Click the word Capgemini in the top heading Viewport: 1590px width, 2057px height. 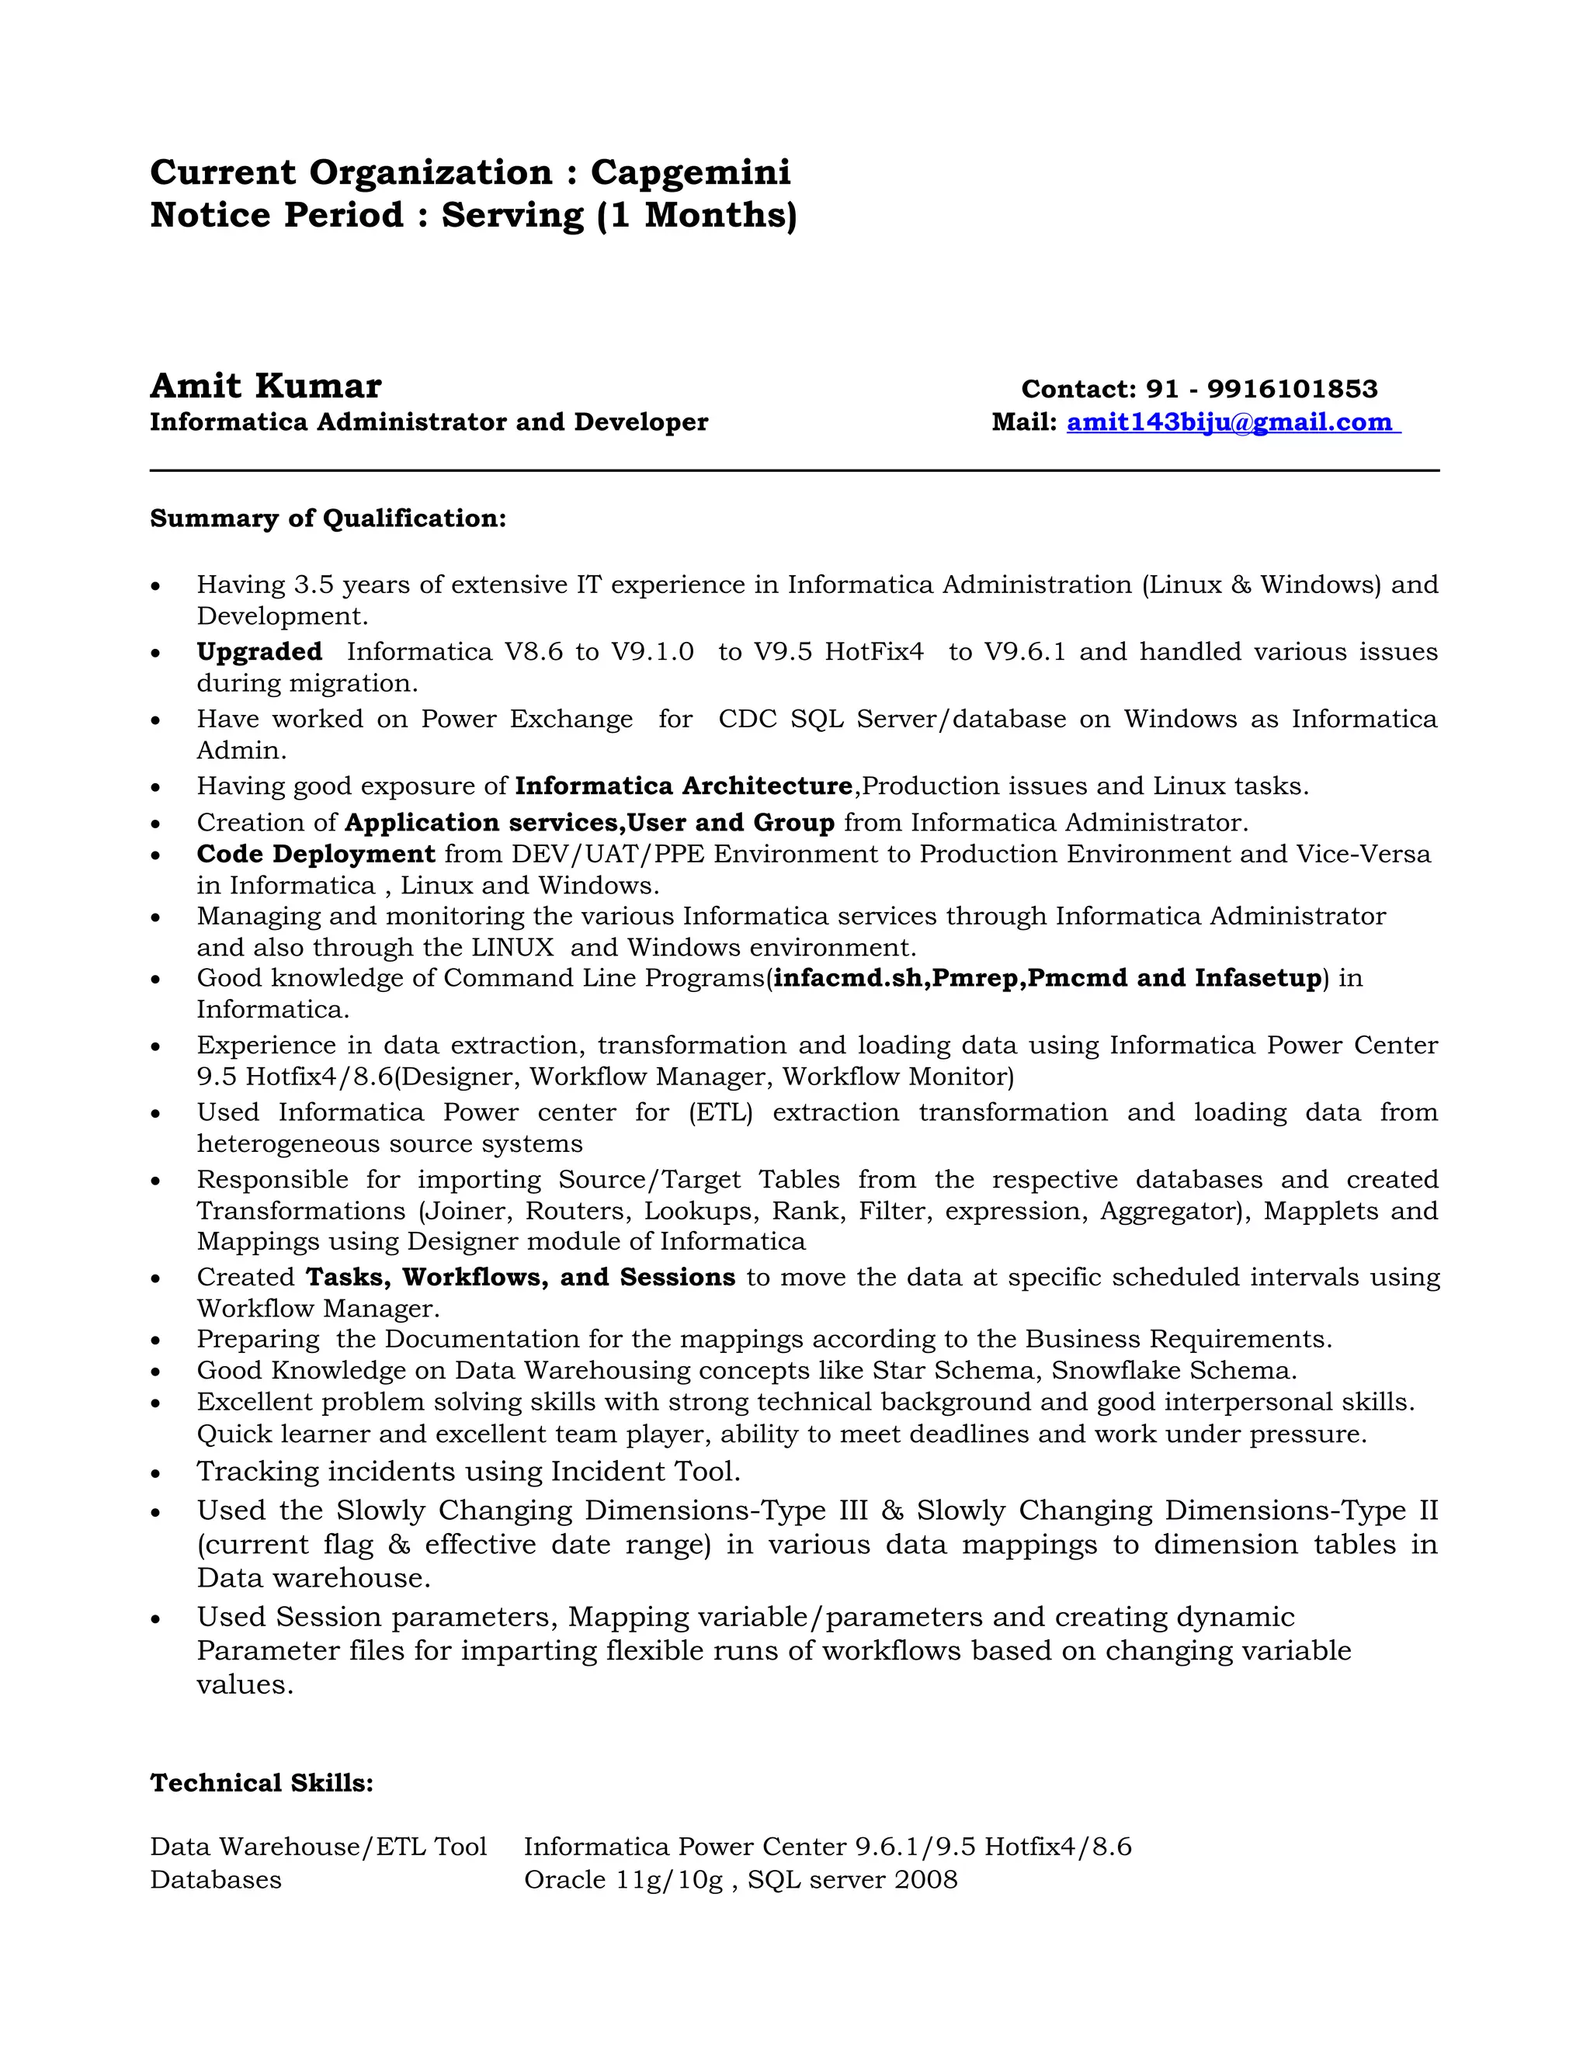pyautogui.click(x=690, y=172)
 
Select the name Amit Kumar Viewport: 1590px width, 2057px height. pyautogui.click(x=266, y=386)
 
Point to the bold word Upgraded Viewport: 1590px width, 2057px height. pyautogui.click(x=259, y=652)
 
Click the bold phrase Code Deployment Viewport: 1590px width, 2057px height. pyautogui.click(x=315, y=855)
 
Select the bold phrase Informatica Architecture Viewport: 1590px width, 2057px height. pyautogui.click(x=684, y=786)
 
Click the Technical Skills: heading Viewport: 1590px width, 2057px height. pyautogui.click(x=262, y=1783)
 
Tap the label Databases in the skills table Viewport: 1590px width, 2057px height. pyautogui.click(x=216, y=1880)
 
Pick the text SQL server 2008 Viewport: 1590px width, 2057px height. pyautogui.click(x=852, y=1880)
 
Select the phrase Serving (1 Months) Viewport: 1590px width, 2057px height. pyautogui.click(x=619, y=216)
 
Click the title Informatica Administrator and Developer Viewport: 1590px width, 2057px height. pyautogui.click(x=429, y=422)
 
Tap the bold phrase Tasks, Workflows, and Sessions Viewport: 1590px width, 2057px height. pyautogui.click(x=520, y=1278)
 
